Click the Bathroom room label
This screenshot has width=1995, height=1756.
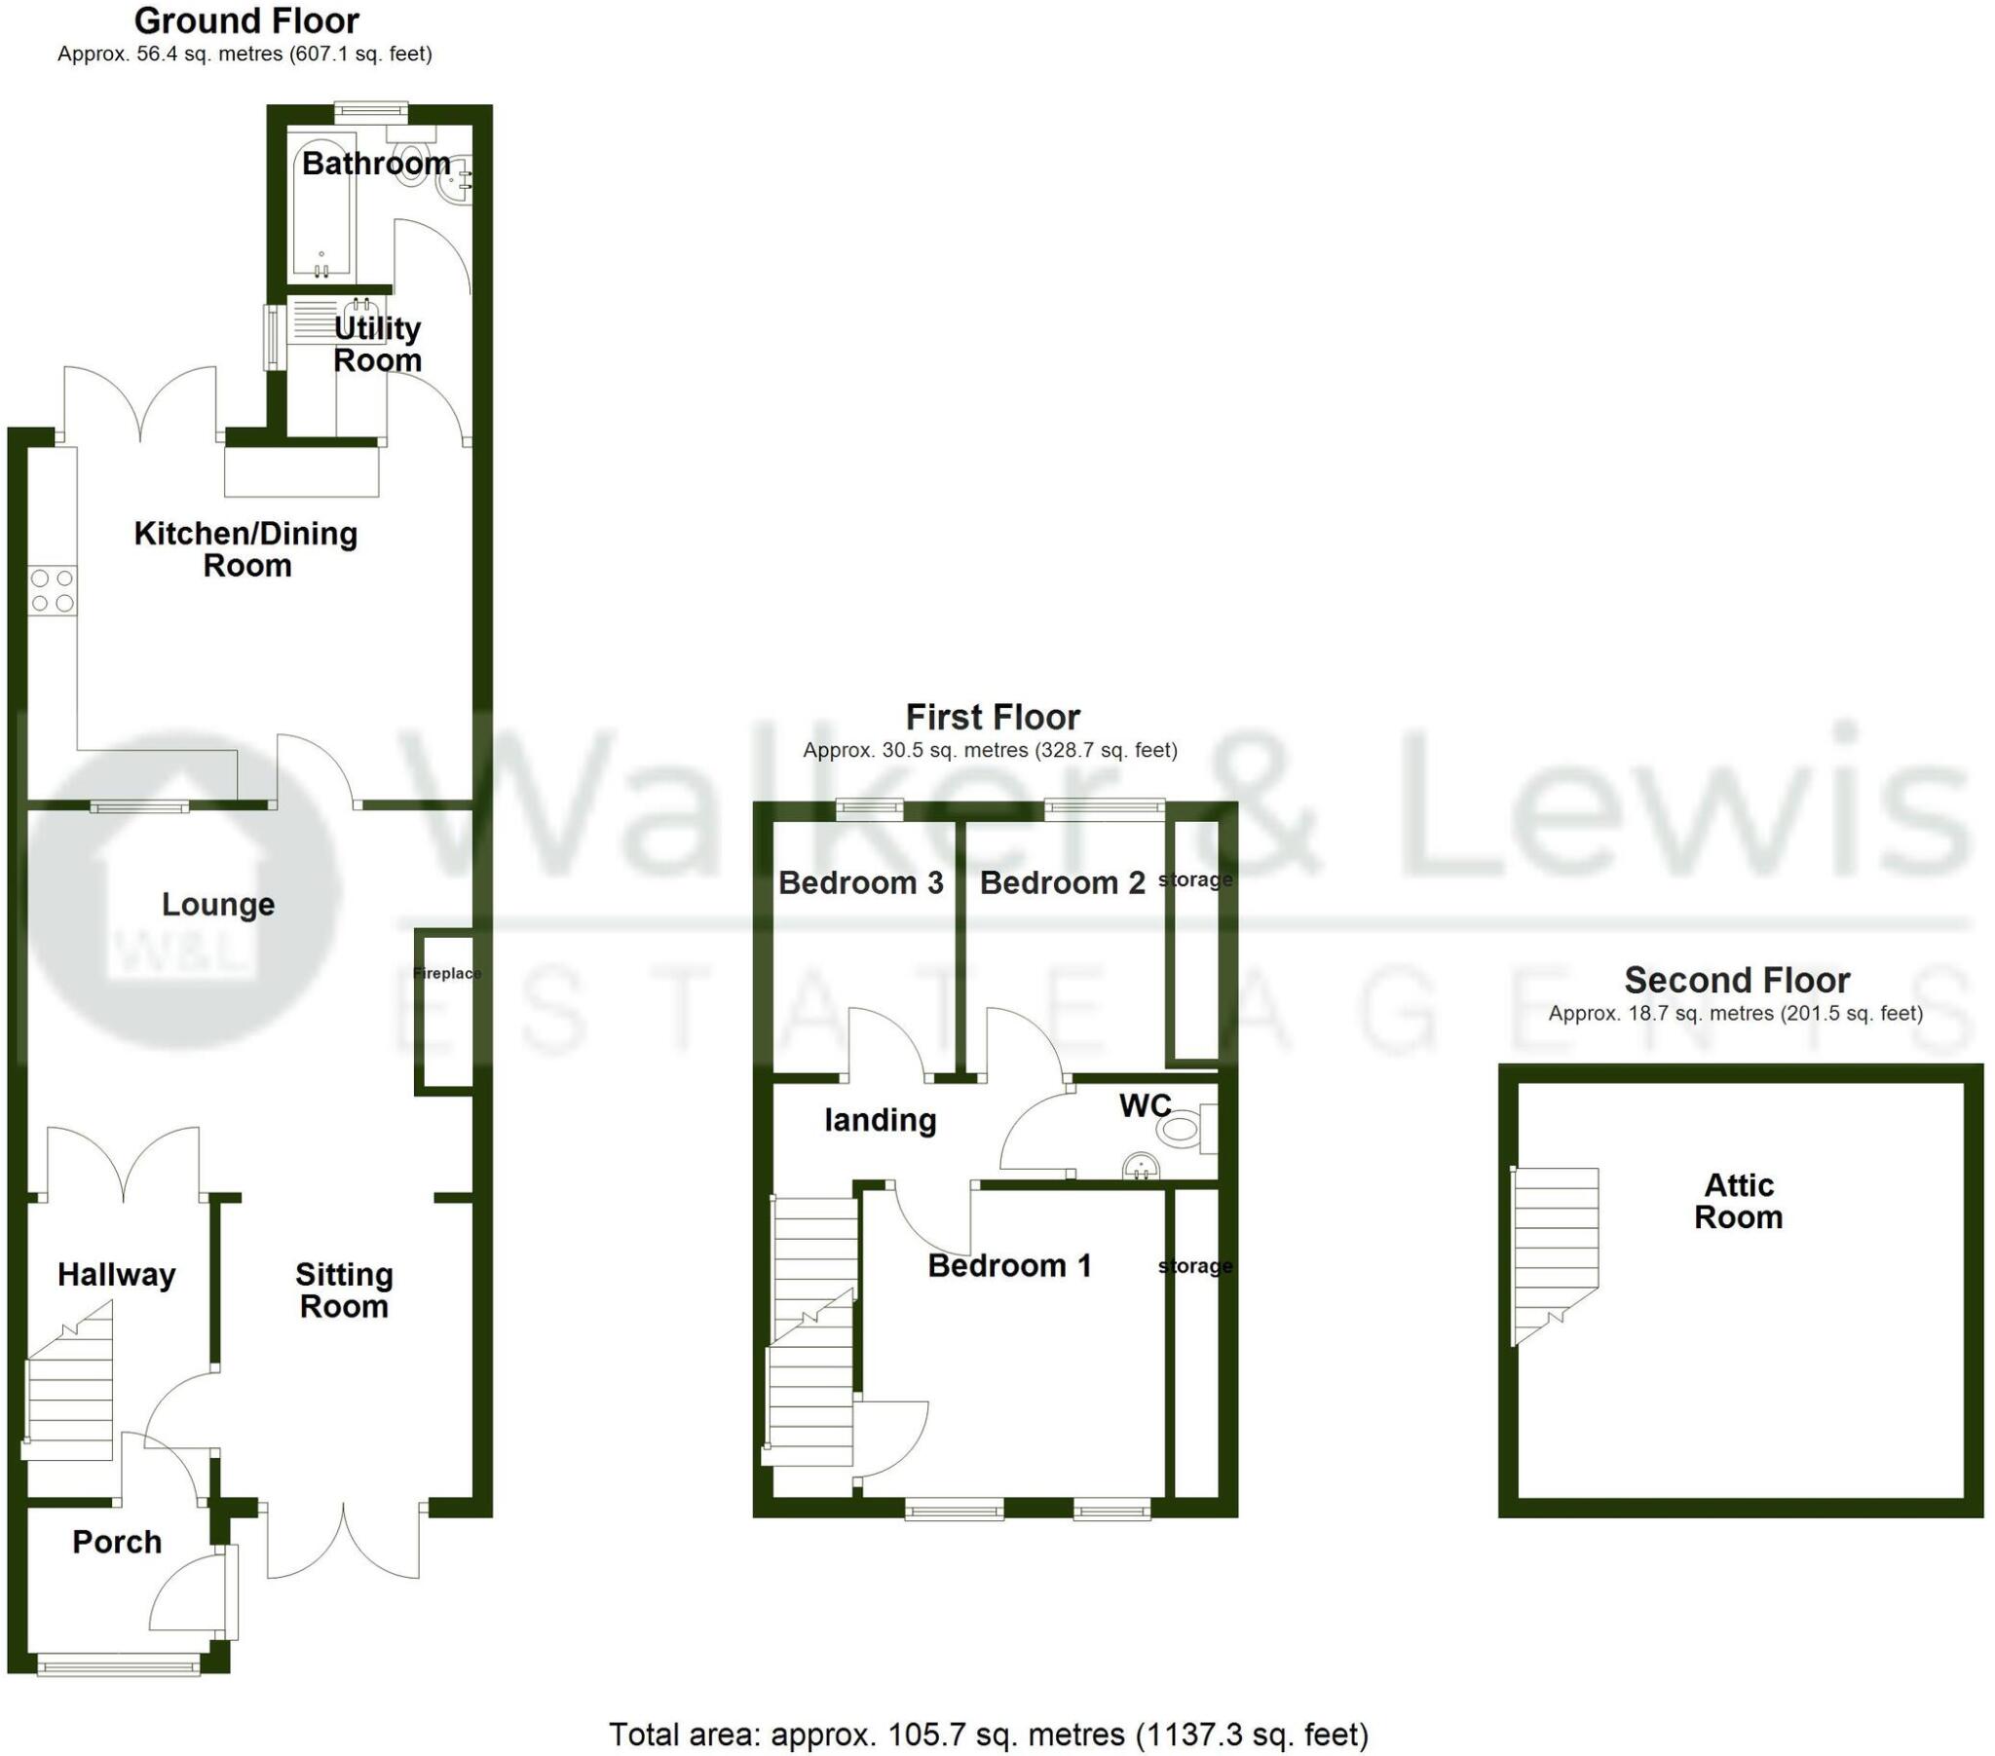[x=376, y=163]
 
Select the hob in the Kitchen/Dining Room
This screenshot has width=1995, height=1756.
[x=52, y=590]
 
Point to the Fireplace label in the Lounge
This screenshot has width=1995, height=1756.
[x=446, y=973]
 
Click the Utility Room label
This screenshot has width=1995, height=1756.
[x=378, y=344]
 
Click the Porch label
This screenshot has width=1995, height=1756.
[x=117, y=1543]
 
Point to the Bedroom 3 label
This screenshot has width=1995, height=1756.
[x=861, y=883]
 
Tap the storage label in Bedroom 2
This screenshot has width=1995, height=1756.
[x=1194, y=879]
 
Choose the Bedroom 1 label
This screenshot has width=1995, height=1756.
[x=1009, y=1266]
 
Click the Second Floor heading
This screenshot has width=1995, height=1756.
[x=1736, y=979]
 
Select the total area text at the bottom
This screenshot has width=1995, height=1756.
[x=989, y=1735]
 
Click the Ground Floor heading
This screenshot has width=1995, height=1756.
[x=245, y=20]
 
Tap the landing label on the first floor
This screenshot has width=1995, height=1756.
[x=881, y=1120]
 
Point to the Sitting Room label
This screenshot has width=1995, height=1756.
[x=345, y=1289]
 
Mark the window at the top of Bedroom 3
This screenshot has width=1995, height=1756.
[x=870, y=808]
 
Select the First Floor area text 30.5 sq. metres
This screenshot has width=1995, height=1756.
[x=990, y=751]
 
